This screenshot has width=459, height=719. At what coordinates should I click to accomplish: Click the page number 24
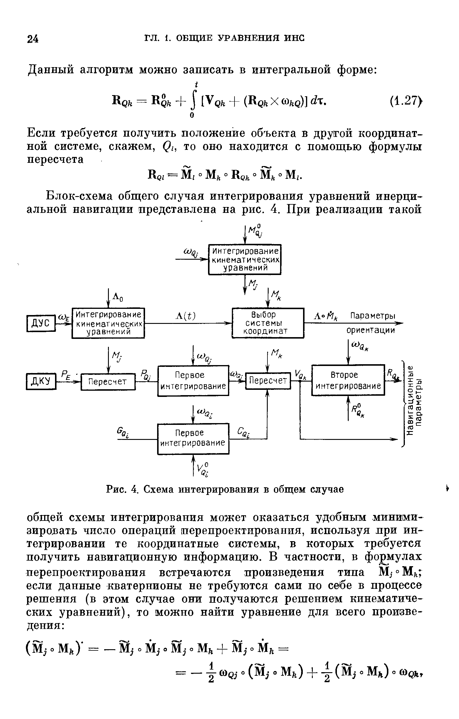point(33,39)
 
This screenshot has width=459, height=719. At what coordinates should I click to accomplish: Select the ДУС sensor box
point(41,323)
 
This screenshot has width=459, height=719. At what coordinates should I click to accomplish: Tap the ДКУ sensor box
point(41,381)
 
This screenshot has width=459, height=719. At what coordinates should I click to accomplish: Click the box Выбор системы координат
point(268,323)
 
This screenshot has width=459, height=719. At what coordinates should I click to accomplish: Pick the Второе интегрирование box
point(348,380)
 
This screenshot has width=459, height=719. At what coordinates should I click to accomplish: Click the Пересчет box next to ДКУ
point(108,382)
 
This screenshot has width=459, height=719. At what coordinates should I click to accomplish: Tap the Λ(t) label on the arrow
point(185,316)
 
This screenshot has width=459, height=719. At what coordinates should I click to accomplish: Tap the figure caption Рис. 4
point(225,489)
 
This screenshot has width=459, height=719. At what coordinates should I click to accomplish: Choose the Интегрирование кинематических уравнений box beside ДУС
point(108,323)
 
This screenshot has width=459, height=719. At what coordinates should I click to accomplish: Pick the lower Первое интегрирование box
point(193,438)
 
